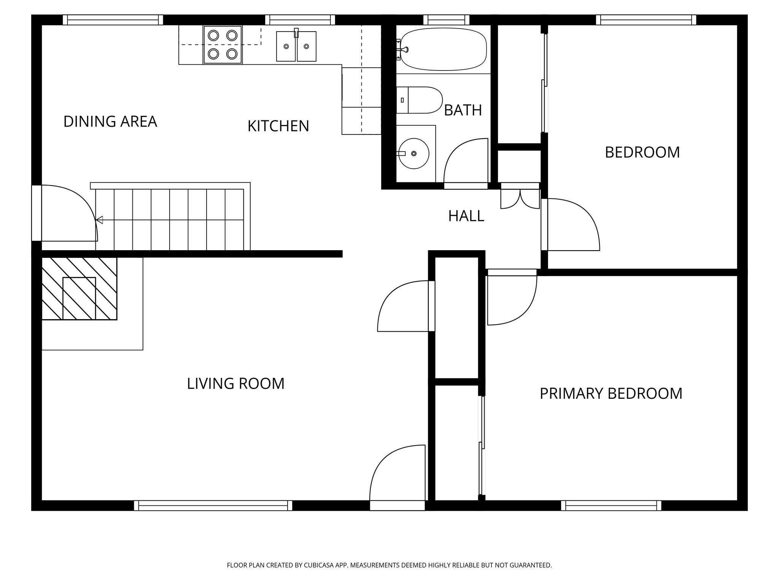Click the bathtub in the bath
[444, 49]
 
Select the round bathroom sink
[413, 153]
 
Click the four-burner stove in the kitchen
[223, 45]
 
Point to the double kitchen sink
[296, 46]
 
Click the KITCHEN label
[278, 126]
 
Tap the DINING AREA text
[110, 121]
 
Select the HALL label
[466, 216]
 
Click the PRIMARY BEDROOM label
[611, 393]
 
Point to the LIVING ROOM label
[235, 384]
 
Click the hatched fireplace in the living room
[79, 289]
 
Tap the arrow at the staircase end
[99, 220]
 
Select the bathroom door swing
[466, 162]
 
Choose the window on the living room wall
[213, 505]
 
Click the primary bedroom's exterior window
[611, 505]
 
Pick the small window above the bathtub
[446, 20]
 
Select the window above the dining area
[113, 20]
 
